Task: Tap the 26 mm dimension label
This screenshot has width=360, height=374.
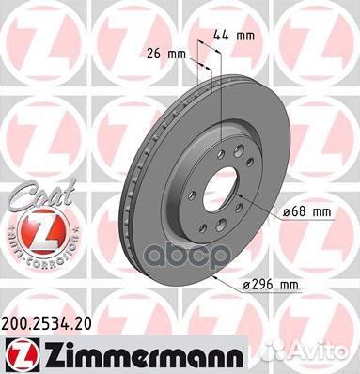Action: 164,53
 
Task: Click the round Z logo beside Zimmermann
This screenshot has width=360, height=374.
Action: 20,352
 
